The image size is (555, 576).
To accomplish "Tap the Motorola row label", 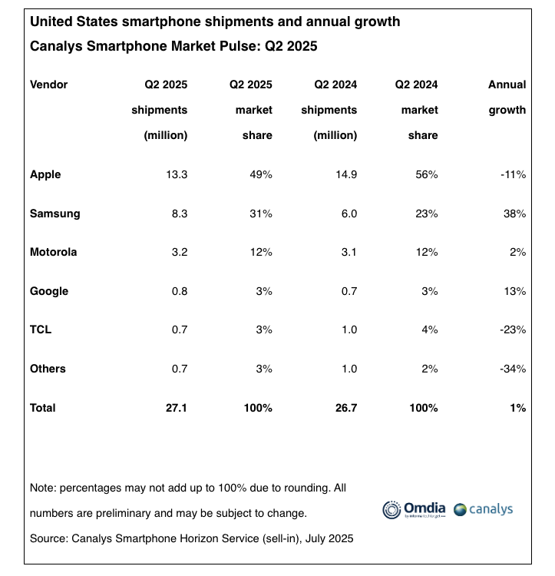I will point(54,253).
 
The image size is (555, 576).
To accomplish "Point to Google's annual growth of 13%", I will point(514,292).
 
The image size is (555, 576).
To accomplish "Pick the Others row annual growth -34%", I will point(512,369).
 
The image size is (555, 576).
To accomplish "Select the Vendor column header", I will point(49,84).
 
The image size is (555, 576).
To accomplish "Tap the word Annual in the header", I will point(507,84).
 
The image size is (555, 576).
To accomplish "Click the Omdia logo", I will point(413,509).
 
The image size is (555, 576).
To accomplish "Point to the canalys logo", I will point(483,509).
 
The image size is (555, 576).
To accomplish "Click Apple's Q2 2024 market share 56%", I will point(426,175).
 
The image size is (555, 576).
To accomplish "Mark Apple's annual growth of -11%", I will point(512,175).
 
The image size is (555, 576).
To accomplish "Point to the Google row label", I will point(49,292).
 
